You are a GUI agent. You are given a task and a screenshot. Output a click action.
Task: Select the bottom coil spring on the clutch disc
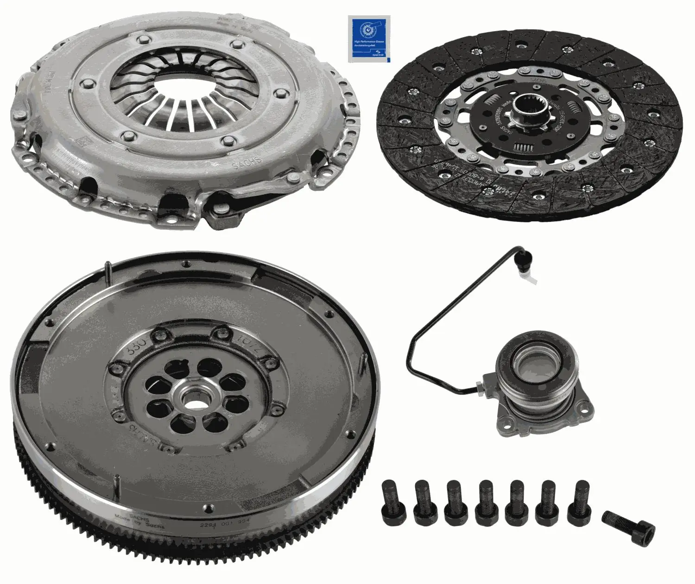pyautogui.click(x=524, y=147)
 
